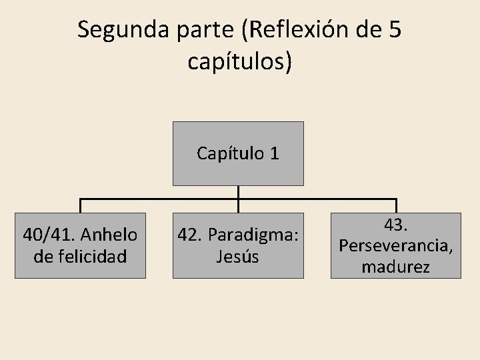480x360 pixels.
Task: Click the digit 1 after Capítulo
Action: point(274,154)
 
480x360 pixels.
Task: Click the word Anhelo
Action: point(111,235)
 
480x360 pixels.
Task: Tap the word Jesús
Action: point(238,257)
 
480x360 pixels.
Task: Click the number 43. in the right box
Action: point(396,225)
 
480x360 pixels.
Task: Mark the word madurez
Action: point(396,267)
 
